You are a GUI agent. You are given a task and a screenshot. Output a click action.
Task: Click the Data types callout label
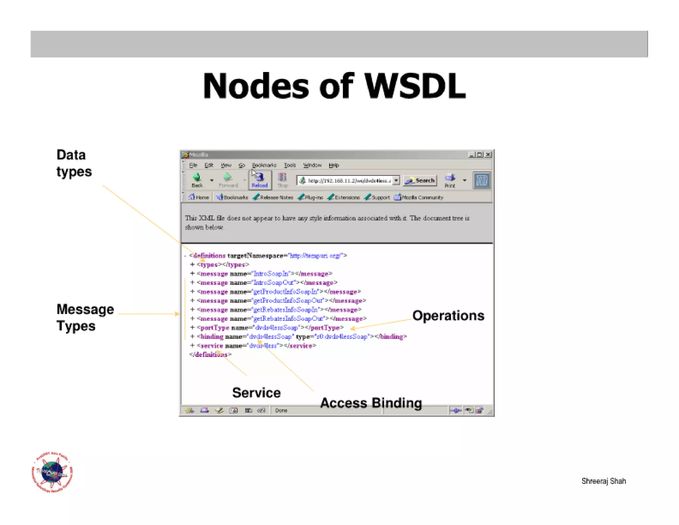click(74, 163)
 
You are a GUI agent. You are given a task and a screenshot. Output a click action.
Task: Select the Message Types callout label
click(85, 318)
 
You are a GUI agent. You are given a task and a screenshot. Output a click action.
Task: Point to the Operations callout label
click(448, 316)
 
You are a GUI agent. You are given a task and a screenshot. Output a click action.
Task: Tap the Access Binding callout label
click(371, 403)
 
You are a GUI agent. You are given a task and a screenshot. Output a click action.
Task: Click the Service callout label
click(256, 393)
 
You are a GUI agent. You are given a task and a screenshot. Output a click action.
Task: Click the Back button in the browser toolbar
click(197, 180)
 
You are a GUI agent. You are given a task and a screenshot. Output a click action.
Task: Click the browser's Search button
click(420, 181)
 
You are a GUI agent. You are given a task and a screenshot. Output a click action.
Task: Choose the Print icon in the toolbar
click(450, 180)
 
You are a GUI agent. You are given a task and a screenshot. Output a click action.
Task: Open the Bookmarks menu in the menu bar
click(264, 165)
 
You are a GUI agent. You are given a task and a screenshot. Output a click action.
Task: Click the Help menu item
click(334, 165)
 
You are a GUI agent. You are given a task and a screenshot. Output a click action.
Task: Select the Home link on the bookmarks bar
click(199, 197)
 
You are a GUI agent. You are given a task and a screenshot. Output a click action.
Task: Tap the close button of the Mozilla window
click(488, 155)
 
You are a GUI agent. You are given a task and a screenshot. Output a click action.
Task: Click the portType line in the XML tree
click(270, 328)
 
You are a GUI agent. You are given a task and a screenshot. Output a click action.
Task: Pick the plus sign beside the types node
click(192, 264)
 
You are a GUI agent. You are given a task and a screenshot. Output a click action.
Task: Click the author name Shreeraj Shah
click(603, 481)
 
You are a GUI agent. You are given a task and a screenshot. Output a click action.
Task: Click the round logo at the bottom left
click(52, 472)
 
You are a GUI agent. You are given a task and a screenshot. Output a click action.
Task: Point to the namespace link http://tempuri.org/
click(315, 256)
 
